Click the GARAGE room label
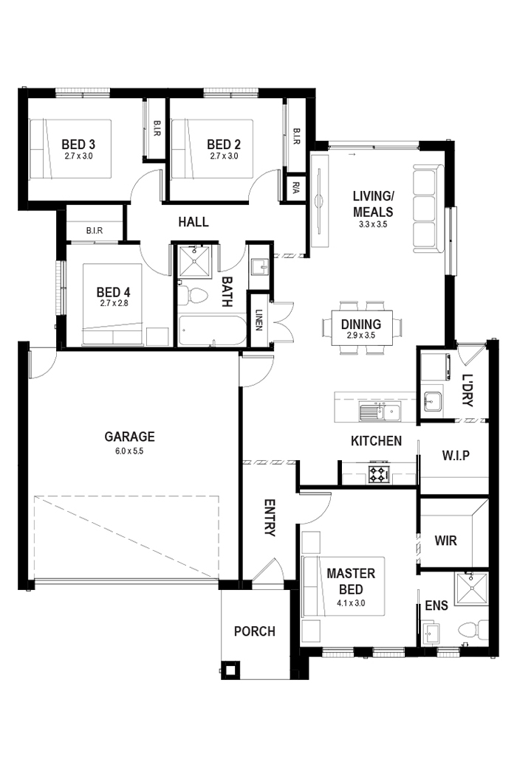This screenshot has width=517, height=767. (x=129, y=436)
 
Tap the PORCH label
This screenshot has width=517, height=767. (x=254, y=631)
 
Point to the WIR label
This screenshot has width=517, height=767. (x=446, y=541)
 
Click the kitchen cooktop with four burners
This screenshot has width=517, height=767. (x=379, y=473)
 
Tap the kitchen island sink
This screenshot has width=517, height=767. (x=379, y=412)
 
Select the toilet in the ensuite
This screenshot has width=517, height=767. (x=472, y=630)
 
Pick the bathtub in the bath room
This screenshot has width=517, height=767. (x=212, y=331)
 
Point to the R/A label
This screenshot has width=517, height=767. (x=295, y=186)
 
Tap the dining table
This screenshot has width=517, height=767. (x=361, y=324)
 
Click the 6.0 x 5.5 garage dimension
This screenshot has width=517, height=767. (x=129, y=450)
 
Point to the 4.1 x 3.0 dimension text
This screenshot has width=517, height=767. (x=351, y=603)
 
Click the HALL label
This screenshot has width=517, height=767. (x=194, y=221)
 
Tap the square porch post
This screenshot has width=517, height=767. (x=232, y=670)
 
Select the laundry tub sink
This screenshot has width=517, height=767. (x=433, y=402)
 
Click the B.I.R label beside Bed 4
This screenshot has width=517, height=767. (x=94, y=231)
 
